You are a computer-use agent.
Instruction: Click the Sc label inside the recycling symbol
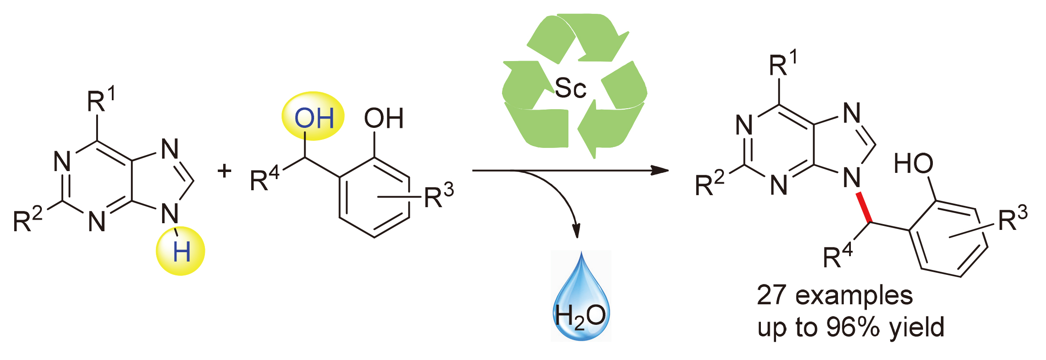point(570,88)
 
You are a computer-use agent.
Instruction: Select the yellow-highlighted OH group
point(314,118)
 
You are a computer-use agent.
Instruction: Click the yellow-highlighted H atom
point(181,252)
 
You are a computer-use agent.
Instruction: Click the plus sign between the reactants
point(225,171)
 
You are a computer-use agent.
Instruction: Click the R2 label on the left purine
point(28,219)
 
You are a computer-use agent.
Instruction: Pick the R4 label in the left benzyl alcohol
point(265,180)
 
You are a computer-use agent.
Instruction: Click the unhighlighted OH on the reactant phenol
point(384,119)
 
